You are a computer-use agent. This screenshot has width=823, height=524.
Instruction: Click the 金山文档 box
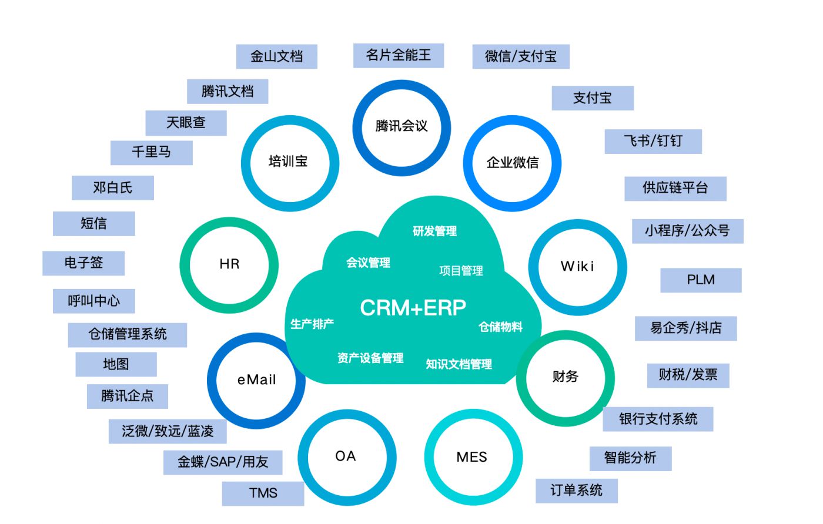point(276,56)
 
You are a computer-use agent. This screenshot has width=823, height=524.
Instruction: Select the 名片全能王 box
point(399,55)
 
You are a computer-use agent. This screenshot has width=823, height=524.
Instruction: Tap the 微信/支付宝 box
point(521,56)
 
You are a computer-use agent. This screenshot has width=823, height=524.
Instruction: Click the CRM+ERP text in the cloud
point(413,307)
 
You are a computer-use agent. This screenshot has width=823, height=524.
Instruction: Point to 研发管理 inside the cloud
point(434,231)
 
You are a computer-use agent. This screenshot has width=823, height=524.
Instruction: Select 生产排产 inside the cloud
point(312,324)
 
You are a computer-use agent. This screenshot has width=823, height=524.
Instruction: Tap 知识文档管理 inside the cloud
point(459,364)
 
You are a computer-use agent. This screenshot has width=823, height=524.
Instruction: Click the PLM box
point(701,280)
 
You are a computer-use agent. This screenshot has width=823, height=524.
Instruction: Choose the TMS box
point(263,493)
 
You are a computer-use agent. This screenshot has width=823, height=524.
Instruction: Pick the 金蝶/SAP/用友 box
point(223,462)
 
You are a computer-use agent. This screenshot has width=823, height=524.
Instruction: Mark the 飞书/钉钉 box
point(653,142)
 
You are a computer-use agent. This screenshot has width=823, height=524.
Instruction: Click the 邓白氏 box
point(112,187)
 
